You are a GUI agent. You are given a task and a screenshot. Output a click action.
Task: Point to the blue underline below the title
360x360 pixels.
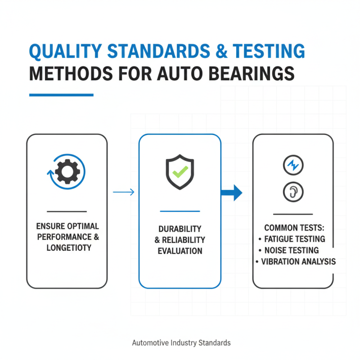[61, 95]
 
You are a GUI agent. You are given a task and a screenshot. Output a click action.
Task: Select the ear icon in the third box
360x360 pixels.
[293, 192]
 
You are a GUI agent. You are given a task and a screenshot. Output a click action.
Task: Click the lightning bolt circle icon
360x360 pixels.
[293, 166]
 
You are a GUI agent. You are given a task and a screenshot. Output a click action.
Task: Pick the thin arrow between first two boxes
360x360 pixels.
[123, 193]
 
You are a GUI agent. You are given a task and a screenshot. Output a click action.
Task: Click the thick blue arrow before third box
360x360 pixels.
[232, 193]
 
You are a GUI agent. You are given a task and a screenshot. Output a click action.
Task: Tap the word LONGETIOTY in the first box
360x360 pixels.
[67, 247]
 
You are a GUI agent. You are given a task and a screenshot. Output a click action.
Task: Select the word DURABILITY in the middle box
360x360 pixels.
[180, 229]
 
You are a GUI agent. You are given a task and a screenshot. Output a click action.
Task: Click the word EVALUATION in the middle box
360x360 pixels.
[180, 251]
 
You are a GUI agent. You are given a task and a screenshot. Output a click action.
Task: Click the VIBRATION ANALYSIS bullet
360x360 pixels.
[296, 261]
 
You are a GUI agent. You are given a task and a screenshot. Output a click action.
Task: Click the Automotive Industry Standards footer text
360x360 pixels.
[181, 343]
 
